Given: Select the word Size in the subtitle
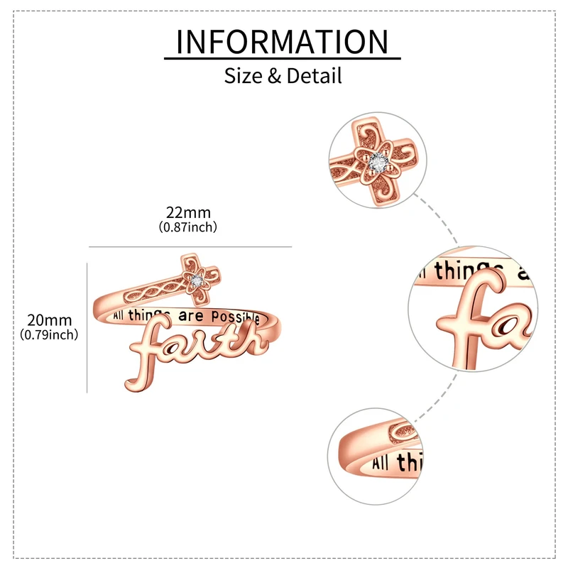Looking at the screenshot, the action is coord(244,75).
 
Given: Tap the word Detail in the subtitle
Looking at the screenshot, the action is coord(315,75).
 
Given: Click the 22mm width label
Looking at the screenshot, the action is coord(188,213).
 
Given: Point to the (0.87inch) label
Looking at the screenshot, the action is coord(188,227).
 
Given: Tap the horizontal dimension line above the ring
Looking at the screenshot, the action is coord(190,246).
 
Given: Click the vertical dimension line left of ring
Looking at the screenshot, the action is coord(87,327).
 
